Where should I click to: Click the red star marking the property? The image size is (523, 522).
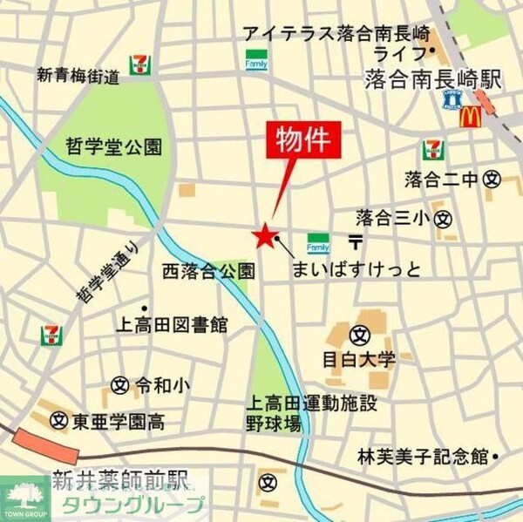tap(263, 236)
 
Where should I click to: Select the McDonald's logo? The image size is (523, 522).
tap(471, 115)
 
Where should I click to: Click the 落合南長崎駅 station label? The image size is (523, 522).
tap(431, 80)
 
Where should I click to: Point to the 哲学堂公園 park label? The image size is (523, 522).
tap(114, 146)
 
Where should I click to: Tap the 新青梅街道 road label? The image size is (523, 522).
tap(78, 77)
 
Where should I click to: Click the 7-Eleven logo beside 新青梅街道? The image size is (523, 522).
tap(139, 64)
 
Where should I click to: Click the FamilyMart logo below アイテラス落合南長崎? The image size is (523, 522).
tap(256, 62)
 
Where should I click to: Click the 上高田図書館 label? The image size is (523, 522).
tap(173, 326)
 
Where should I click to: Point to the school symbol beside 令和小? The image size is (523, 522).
tap(120, 383)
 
